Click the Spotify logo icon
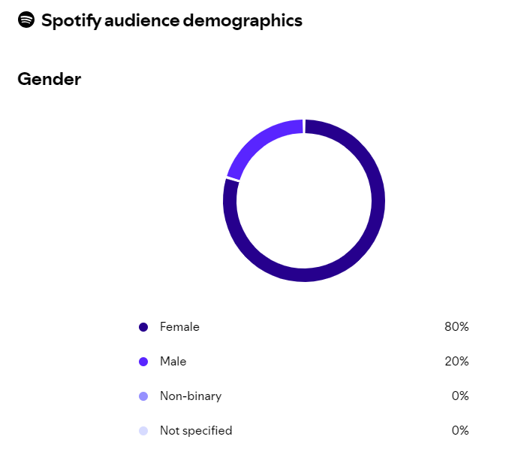(26, 20)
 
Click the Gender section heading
(49, 79)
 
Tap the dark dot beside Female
(143, 327)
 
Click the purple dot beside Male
(143, 362)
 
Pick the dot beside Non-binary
(143, 396)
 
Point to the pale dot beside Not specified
(143, 431)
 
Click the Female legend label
(179, 327)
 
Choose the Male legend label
(173, 362)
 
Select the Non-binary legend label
(191, 396)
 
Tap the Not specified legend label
(196, 431)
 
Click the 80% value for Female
(456, 327)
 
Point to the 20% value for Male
(456, 362)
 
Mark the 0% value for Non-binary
(460, 396)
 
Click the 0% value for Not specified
(460, 431)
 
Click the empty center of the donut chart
(304, 201)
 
